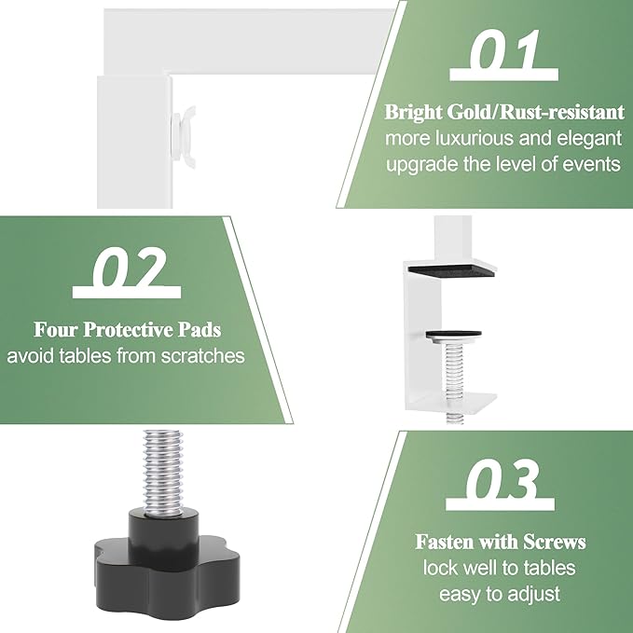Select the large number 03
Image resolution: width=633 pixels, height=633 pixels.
[x=502, y=479]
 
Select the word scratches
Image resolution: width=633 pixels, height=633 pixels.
[x=202, y=356]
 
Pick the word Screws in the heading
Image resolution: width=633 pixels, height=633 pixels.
[x=555, y=542]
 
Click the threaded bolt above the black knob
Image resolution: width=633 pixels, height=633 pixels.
[x=163, y=474]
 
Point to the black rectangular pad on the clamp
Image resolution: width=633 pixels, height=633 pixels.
[x=451, y=270]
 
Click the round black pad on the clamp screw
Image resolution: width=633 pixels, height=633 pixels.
[x=453, y=335]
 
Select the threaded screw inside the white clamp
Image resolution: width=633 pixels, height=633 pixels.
[x=455, y=381]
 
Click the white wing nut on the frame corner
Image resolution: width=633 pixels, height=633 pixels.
[x=184, y=137]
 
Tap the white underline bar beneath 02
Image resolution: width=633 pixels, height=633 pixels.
[x=127, y=292]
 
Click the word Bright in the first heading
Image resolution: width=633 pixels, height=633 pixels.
[x=414, y=113]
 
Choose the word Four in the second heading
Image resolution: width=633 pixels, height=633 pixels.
[x=56, y=330]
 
